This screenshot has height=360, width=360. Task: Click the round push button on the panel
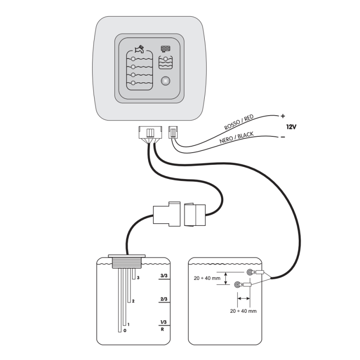166,81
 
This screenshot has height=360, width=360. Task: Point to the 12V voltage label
291,127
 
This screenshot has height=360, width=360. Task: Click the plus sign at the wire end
283,116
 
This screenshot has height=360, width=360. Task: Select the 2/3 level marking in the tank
163,299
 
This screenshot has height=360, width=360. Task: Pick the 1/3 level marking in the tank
163,322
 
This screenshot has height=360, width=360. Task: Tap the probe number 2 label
133,301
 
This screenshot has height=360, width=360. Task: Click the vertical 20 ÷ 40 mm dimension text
207,278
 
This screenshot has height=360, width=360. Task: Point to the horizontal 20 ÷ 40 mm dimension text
243,311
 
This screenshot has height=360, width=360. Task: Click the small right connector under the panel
172,133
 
